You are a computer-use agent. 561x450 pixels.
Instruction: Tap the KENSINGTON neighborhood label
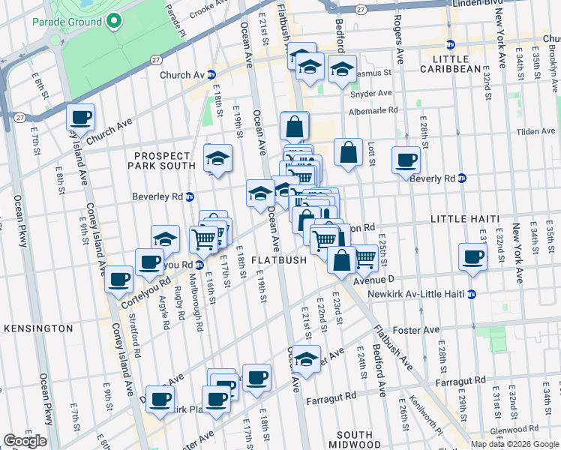click(x=37, y=328)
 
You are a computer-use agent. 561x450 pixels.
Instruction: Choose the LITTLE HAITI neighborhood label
click(x=465, y=218)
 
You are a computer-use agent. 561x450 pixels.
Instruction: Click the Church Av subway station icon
click(x=212, y=75)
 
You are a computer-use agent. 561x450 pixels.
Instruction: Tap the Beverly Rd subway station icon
click(x=462, y=178)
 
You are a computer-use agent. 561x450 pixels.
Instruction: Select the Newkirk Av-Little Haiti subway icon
click(x=472, y=294)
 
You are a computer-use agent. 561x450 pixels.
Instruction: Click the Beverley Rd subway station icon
click(x=190, y=197)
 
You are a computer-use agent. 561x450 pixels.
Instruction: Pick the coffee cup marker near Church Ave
click(x=80, y=118)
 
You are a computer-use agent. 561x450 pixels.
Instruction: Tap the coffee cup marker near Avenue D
click(x=472, y=256)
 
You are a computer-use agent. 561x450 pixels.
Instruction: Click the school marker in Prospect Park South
click(x=217, y=158)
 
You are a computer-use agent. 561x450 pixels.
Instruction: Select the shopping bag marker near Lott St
click(x=349, y=152)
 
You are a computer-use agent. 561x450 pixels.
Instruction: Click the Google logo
click(x=25, y=441)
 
